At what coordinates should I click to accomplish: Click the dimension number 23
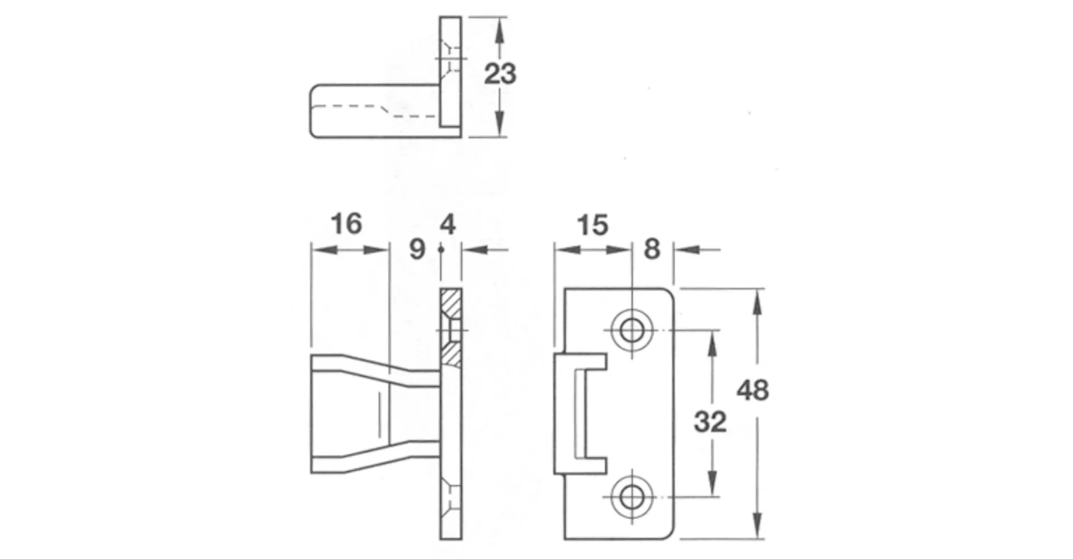tap(500, 74)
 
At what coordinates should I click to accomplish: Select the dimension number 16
tap(346, 224)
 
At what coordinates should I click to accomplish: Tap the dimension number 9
tap(417, 249)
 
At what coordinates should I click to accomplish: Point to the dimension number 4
tap(448, 225)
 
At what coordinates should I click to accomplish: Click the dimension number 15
tap(592, 225)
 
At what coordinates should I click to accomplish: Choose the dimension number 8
tap(652, 249)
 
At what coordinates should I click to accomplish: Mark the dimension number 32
tap(710, 422)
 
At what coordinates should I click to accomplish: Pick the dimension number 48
tap(753, 390)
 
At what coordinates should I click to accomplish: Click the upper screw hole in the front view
tap(632, 330)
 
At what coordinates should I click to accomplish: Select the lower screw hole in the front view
tap(632, 496)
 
